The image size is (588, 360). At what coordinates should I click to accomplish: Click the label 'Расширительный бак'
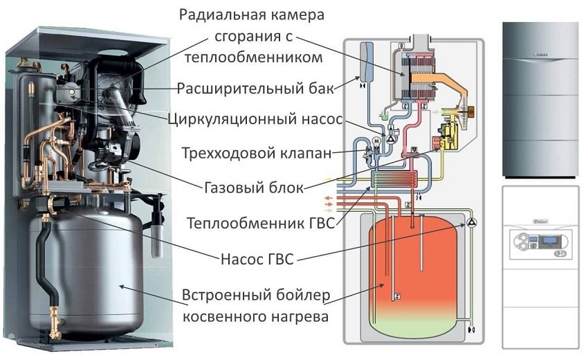255,89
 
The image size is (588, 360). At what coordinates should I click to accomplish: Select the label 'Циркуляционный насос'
255,118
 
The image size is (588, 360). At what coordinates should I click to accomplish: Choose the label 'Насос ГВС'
257,259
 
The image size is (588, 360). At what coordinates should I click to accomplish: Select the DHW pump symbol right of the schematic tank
472,222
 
